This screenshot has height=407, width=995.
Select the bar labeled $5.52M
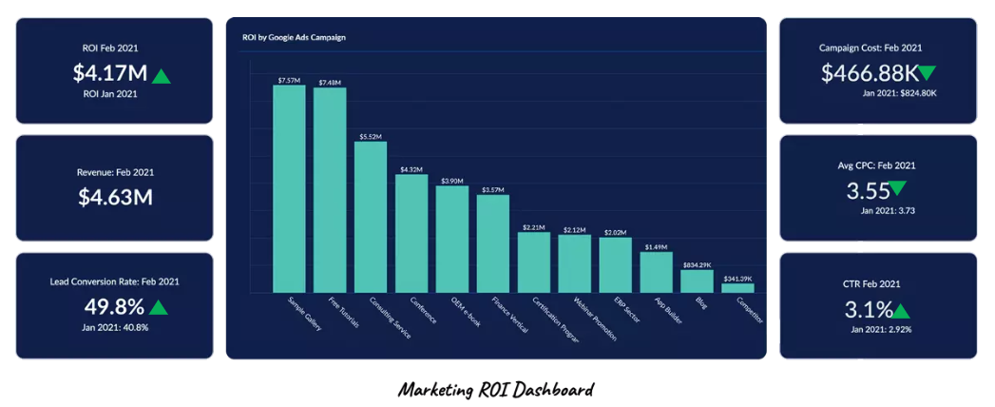371,217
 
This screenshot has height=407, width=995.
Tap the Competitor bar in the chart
737,287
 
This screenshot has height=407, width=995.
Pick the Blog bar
697,281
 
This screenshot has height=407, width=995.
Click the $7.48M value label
330,82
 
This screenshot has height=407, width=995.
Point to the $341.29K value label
737,278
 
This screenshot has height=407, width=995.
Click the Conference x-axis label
424,311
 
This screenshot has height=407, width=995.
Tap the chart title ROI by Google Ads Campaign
293,37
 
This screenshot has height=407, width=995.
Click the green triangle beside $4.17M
162,74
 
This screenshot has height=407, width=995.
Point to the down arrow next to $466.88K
928,73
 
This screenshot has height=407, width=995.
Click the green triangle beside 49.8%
159,307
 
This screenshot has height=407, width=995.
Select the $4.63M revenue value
115,198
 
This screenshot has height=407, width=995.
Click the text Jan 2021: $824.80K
899,93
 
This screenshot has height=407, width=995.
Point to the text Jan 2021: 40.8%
115,327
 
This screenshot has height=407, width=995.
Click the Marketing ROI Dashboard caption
496,390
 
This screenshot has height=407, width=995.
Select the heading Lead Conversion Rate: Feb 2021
115,281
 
